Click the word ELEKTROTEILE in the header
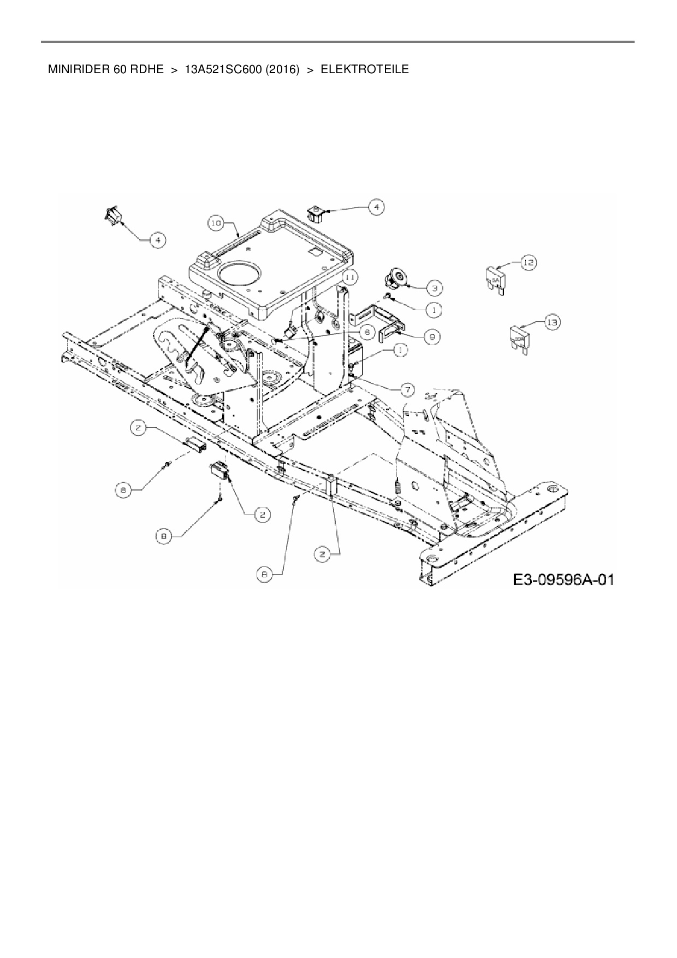tap(364, 70)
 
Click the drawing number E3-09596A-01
tap(563, 579)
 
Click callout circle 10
tap(216, 223)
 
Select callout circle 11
tap(350, 277)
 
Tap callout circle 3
tap(434, 287)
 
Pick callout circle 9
tap(432, 337)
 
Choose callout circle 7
tap(407, 389)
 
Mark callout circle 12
tap(528, 263)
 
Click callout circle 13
tap(553, 323)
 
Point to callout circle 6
tap(367, 331)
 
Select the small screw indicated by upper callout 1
tap(387, 296)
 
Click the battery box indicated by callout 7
tap(355, 358)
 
